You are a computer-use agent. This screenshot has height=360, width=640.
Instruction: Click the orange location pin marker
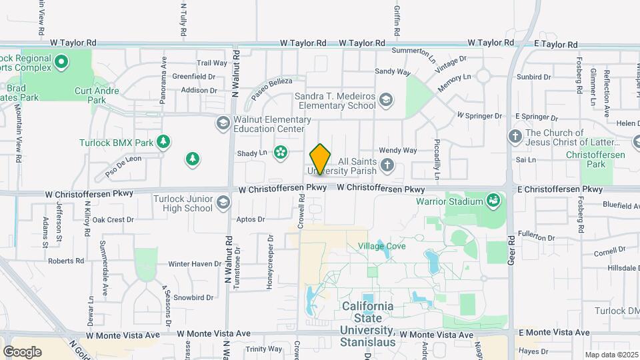pyautogui.click(x=321, y=159)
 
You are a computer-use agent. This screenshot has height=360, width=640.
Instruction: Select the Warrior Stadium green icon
pyautogui.click(x=493, y=200)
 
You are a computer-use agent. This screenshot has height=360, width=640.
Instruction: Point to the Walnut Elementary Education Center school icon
pyautogui.click(x=222, y=123)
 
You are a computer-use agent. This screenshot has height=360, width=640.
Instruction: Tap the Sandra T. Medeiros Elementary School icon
pyautogui.click(x=385, y=101)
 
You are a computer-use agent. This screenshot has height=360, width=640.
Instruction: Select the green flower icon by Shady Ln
pyautogui.click(x=281, y=153)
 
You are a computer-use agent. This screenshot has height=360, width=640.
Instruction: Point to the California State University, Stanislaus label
pyautogui.click(x=367, y=324)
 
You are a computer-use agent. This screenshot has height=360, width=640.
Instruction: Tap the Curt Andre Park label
pyautogui.click(x=97, y=95)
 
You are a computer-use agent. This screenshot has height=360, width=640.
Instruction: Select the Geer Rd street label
pyautogui.click(x=511, y=248)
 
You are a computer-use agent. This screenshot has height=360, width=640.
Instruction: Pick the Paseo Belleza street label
pyautogui.click(x=272, y=89)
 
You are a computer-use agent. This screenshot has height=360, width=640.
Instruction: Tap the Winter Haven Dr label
pyautogui.click(x=194, y=264)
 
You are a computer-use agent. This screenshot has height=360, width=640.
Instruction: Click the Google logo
pyautogui.click(x=22, y=352)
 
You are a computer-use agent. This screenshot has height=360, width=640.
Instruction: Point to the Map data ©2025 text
pyautogui.click(x=612, y=355)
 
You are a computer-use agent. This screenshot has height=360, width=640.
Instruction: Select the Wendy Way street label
pyautogui.click(x=397, y=151)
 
